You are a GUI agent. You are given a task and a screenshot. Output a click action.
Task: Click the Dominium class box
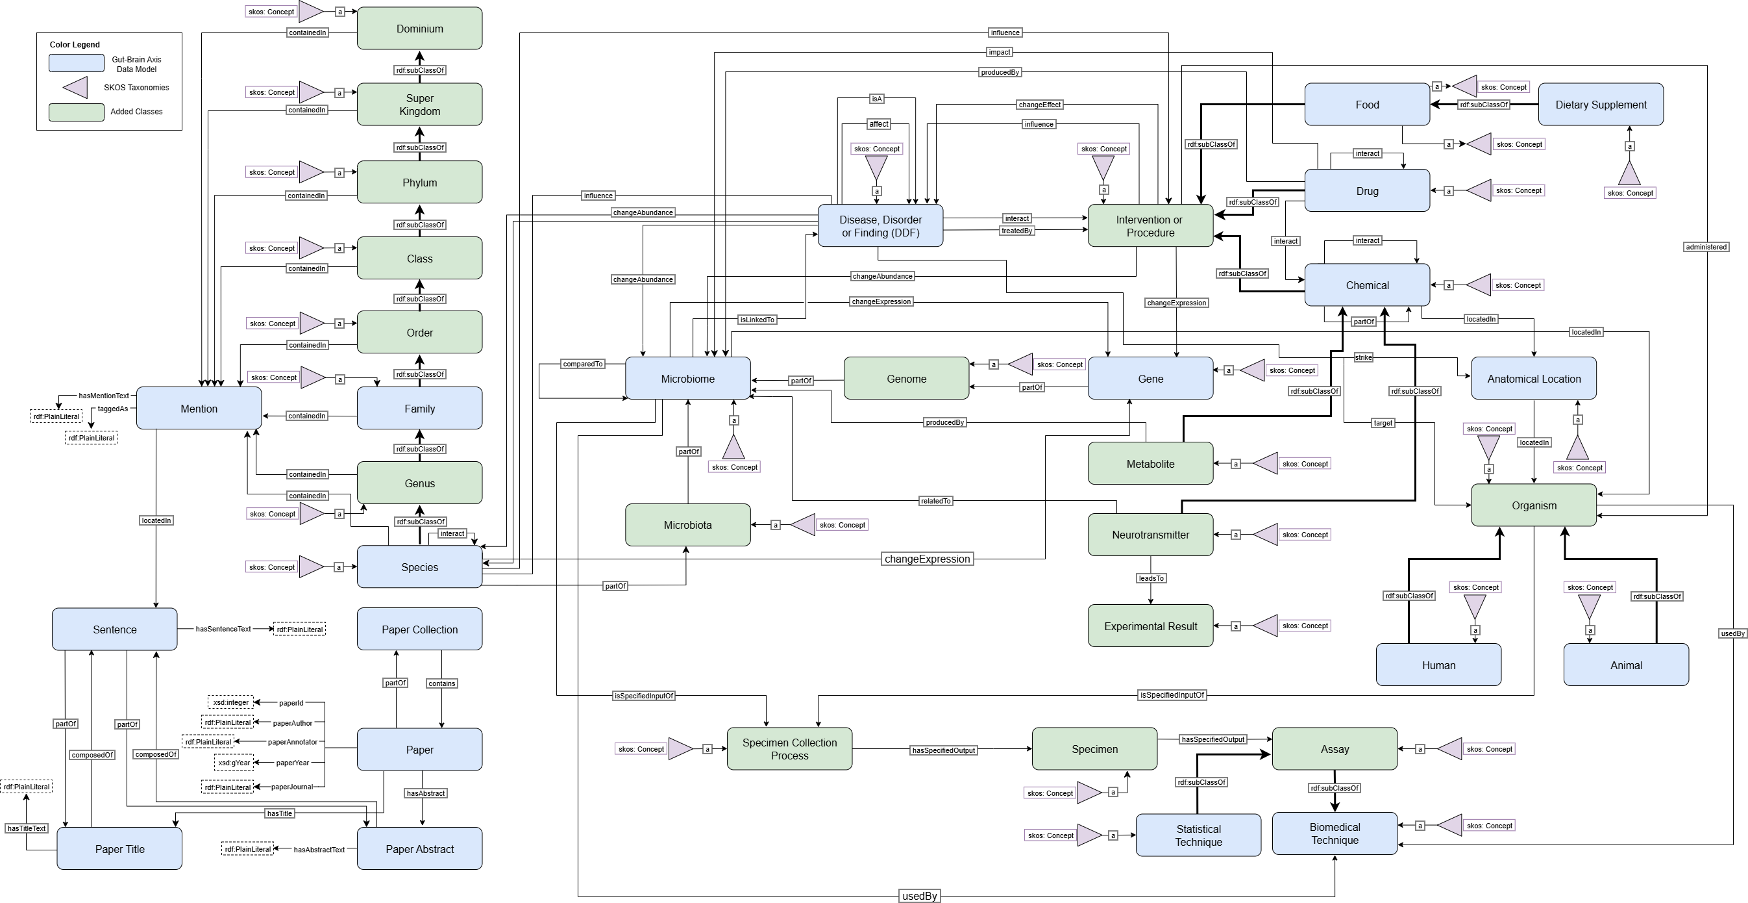pos(419,29)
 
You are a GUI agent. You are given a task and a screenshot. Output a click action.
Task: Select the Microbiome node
pos(687,379)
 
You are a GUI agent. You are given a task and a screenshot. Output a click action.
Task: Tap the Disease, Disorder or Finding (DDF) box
pos(880,226)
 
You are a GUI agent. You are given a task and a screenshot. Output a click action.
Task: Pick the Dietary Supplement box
pos(1600,105)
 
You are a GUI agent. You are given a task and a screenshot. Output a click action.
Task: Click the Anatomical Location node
pos(1534,379)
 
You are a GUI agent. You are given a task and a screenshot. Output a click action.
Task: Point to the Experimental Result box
pos(1150,626)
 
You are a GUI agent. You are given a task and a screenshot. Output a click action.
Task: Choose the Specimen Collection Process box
pos(789,749)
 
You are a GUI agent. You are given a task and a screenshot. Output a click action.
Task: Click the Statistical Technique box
pos(1198,835)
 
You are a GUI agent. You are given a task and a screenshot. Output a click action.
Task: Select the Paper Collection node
pos(419,630)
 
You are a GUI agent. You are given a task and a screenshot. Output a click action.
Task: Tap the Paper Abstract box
pos(419,848)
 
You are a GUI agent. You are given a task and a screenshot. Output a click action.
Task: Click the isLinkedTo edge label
pos(757,320)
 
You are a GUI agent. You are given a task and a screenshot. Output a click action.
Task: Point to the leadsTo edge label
pos(1151,578)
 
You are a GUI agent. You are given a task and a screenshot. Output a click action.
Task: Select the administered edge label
pos(1706,247)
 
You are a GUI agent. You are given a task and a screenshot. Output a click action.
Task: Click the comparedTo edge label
pos(582,364)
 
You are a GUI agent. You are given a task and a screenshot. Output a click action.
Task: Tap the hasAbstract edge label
pos(425,793)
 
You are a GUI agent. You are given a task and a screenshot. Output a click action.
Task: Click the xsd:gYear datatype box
pos(234,763)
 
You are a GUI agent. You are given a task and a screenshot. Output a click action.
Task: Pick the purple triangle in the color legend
pos(76,88)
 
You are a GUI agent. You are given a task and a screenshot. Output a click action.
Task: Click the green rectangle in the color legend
pos(76,112)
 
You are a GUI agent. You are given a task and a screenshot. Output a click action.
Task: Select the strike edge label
pos(1362,357)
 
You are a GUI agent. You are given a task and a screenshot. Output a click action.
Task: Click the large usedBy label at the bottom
pos(920,897)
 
